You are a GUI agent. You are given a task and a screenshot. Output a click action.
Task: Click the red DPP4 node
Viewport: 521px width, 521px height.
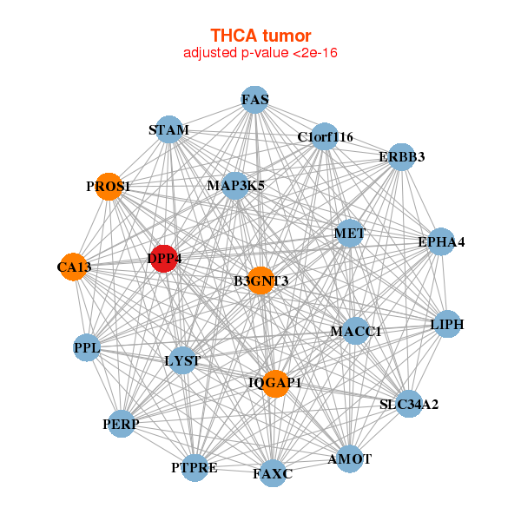tap(164, 258)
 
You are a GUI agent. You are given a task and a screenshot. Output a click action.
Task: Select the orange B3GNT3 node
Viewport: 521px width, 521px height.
tap(260, 280)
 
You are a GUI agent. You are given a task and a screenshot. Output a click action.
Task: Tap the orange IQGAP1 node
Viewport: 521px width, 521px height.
tap(275, 383)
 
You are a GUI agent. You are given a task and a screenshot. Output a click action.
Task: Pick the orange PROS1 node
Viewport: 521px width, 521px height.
tap(108, 187)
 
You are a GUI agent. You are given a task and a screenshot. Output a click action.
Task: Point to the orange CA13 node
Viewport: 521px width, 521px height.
tap(74, 267)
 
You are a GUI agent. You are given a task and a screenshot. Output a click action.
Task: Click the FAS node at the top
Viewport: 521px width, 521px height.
tap(254, 100)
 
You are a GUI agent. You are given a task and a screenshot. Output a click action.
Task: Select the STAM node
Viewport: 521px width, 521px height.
tap(168, 131)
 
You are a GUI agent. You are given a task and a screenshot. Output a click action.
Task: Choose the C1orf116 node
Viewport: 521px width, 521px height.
tap(325, 136)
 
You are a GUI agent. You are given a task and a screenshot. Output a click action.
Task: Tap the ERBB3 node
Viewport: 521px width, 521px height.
tap(401, 157)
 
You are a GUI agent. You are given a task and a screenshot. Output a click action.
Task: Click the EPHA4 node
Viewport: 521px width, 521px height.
tap(441, 241)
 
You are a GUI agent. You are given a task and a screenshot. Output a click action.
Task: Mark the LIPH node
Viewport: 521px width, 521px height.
tap(447, 325)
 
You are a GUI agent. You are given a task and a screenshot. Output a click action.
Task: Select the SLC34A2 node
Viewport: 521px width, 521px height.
tap(409, 404)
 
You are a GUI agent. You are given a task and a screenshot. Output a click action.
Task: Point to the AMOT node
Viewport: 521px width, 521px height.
tap(349, 458)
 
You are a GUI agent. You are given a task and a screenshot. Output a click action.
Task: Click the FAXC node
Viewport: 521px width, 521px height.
tap(273, 473)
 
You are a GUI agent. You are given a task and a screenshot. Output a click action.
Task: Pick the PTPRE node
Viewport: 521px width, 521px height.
tap(195, 468)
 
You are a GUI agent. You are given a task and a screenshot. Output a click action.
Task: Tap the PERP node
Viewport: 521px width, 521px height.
tap(121, 424)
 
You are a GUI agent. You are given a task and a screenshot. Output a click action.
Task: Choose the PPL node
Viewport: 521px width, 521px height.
tap(87, 348)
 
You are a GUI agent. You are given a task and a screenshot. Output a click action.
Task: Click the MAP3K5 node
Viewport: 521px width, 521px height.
tap(235, 185)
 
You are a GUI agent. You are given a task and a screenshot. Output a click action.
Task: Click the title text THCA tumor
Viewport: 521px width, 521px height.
tap(260, 36)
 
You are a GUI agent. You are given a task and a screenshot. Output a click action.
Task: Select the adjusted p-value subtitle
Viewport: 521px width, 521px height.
tap(260, 53)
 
